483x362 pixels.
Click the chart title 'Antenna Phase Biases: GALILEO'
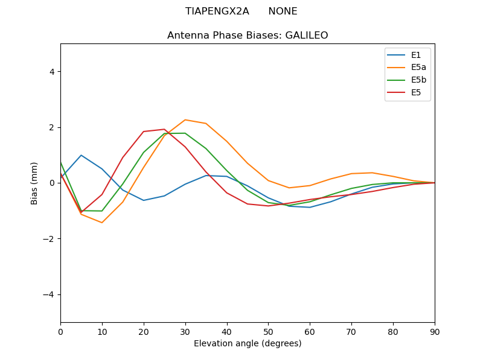point(248,36)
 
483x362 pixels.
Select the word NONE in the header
point(283,11)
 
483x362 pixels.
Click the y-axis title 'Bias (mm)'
point(34,183)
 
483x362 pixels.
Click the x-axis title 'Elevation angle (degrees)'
point(248,343)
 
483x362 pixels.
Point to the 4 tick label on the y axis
point(51,72)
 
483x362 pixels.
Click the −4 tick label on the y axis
point(49,294)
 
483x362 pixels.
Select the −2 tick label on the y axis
point(49,239)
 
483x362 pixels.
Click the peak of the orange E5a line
point(185,119)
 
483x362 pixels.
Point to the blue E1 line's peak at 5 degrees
point(81,155)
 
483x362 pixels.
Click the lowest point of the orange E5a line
point(102,223)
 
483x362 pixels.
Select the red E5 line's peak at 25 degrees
point(164,129)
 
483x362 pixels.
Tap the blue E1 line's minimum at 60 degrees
point(310,208)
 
